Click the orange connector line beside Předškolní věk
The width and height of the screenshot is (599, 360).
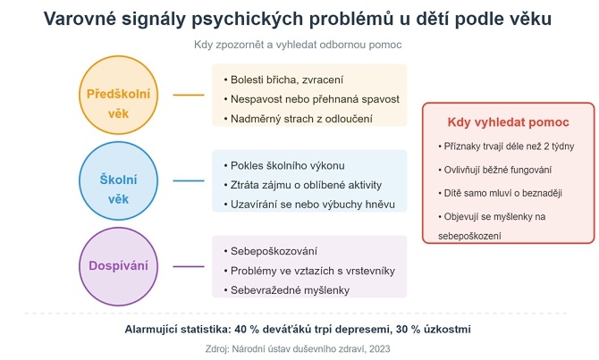point(189,95)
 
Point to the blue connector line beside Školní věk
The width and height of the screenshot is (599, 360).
point(189,180)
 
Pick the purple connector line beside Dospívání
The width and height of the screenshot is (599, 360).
point(189,266)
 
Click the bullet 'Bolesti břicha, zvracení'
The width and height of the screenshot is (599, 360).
point(283,80)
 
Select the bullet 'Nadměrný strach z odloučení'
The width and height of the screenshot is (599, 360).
point(299,119)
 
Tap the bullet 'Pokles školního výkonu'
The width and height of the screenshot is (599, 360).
point(284,165)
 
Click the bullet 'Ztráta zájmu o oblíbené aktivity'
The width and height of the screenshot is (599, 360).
point(303,185)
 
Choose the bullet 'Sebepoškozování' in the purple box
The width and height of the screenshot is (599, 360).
point(271,251)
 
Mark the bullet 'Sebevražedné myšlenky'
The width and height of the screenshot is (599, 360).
point(287,290)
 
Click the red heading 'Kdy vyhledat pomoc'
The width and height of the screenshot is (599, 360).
point(508,122)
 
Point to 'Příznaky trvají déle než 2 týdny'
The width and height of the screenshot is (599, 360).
point(506,147)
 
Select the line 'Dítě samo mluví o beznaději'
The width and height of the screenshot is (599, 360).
point(500,193)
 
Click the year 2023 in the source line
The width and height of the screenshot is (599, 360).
point(379,349)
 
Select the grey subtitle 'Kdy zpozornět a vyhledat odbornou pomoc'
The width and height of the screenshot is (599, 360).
point(298,45)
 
